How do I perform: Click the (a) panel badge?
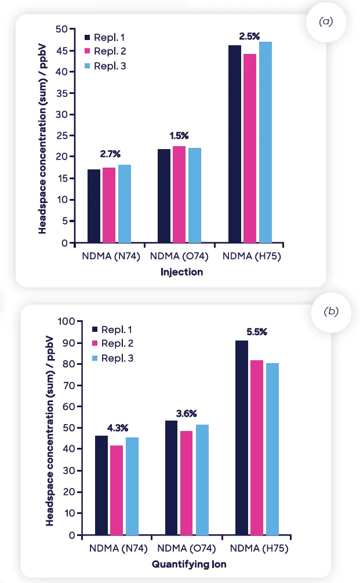click(x=326, y=21)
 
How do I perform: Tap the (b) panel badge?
click(x=331, y=312)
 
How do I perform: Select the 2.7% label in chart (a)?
click(x=109, y=154)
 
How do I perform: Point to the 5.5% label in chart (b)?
click(x=256, y=332)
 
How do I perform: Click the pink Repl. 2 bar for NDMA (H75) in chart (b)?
click(x=257, y=448)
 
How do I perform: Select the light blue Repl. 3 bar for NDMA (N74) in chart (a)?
click(x=125, y=204)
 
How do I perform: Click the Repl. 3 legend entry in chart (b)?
click(x=112, y=359)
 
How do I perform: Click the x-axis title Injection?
click(x=182, y=271)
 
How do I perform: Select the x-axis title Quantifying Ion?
click(x=189, y=563)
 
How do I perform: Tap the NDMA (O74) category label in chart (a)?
click(x=179, y=256)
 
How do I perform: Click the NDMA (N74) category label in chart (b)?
click(x=118, y=548)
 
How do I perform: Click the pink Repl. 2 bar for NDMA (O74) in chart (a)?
click(x=179, y=194)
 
